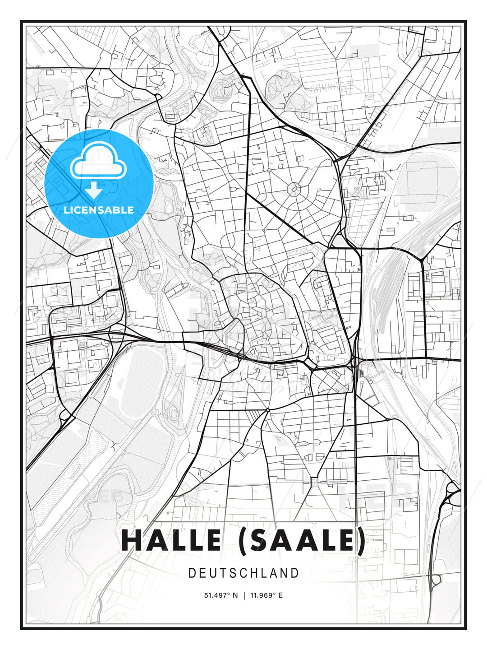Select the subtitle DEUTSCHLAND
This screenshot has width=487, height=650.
pos(243,573)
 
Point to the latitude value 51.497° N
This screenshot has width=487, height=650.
pos(221,595)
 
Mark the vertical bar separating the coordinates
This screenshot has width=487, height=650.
pos(244,595)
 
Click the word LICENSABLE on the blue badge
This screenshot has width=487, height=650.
pos(99,210)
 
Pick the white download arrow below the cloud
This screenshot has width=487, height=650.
pos(94,190)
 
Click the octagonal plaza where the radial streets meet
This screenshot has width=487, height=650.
pos(294,189)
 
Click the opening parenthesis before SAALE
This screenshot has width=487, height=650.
pos(242,541)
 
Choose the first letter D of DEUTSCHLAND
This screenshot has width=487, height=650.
pos(192,573)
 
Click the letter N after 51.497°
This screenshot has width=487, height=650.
pos(235,595)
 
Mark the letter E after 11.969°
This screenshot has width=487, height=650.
pos(280,595)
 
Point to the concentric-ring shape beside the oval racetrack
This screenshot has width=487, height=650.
pos(173,412)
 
